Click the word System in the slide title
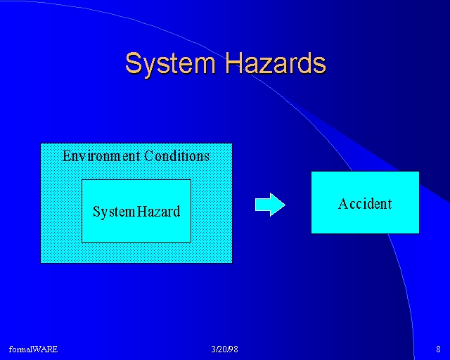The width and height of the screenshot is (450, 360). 170,64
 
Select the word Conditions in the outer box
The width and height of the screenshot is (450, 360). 176,156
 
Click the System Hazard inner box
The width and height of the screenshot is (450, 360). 136,211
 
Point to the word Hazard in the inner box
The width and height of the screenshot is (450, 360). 158,212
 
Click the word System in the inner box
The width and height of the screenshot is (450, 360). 114,212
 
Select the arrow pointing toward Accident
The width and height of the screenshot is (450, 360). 270,205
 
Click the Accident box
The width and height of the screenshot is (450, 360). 365,202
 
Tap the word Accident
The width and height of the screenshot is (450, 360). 365,204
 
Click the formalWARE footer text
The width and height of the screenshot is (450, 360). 33,349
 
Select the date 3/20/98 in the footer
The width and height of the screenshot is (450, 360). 225,349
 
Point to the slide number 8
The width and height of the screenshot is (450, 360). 438,349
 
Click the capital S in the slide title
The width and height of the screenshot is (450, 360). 134,63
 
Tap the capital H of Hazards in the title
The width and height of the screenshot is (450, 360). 234,63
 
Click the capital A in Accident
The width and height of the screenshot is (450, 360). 343,204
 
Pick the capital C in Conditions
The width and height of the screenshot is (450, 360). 149,156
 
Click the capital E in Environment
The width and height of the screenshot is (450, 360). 67,156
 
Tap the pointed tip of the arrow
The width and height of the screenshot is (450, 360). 285,205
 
